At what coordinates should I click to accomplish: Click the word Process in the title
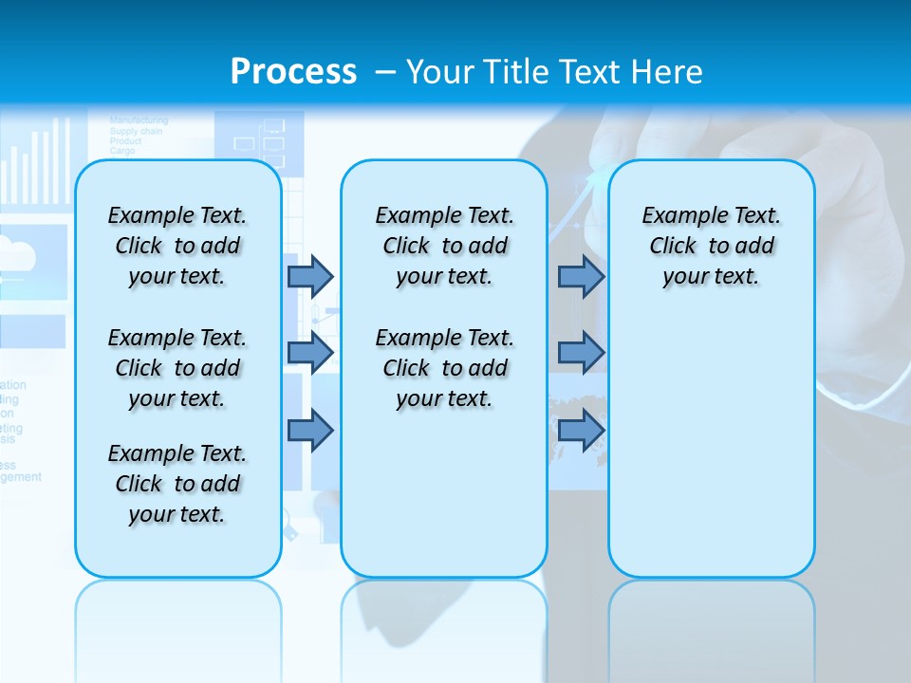[293, 71]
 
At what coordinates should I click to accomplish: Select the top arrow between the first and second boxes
[310, 276]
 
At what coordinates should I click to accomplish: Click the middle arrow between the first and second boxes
[310, 353]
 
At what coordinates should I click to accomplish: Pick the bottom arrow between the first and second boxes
[310, 430]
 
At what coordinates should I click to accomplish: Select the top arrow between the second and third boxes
[581, 276]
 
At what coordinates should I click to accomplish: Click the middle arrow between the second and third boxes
[581, 353]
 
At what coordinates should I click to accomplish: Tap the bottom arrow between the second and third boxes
[581, 430]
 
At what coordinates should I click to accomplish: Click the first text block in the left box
[177, 246]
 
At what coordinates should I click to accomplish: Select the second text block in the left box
[177, 368]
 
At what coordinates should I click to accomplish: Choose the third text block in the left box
[177, 484]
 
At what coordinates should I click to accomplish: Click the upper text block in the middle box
[444, 246]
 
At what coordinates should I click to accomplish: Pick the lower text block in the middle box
[444, 368]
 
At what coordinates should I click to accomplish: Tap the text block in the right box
[711, 246]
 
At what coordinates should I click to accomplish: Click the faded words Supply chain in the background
[136, 131]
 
